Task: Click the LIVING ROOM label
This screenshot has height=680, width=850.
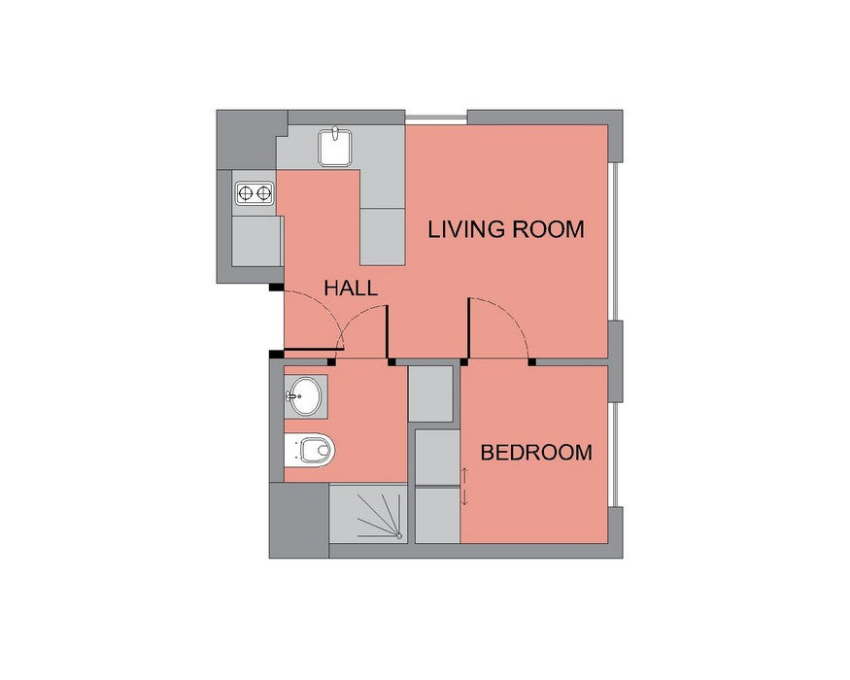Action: click(x=506, y=229)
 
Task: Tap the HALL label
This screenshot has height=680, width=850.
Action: click(x=350, y=288)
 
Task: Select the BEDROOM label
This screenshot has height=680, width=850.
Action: click(x=536, y=453)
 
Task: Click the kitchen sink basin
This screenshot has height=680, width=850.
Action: click(x=335, y=148)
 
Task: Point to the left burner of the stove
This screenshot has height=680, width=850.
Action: click(x=245, y=192)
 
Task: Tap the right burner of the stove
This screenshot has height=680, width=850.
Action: click(x=263, y=192)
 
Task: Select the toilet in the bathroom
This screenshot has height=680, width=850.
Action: click(x=310, y=450)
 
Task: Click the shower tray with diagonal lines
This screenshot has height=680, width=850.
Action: click(x=368, y=513)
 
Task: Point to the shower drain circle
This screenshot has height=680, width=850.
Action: click(x=399, y=536)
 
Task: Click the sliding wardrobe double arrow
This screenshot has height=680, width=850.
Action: click(x=464, y=487)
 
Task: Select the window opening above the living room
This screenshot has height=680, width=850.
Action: click(x=436, y=118)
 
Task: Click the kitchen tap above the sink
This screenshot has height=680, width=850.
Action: click(x=335, y=132)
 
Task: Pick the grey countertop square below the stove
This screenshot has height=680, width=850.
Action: click(x=256, y=241)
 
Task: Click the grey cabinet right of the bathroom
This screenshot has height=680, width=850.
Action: click(x=430, y=394)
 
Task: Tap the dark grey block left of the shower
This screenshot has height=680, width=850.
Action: click(x=299, y=520)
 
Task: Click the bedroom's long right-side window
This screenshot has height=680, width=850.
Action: click(x=614, y=455)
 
